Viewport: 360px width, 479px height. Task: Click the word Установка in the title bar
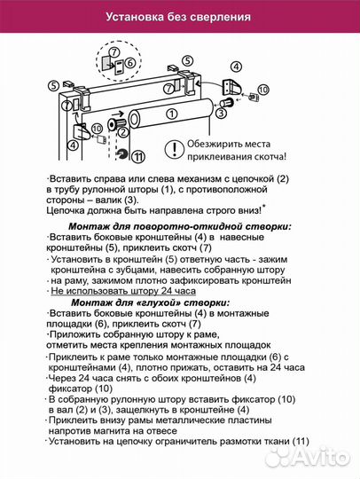click(x=134, y=16)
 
